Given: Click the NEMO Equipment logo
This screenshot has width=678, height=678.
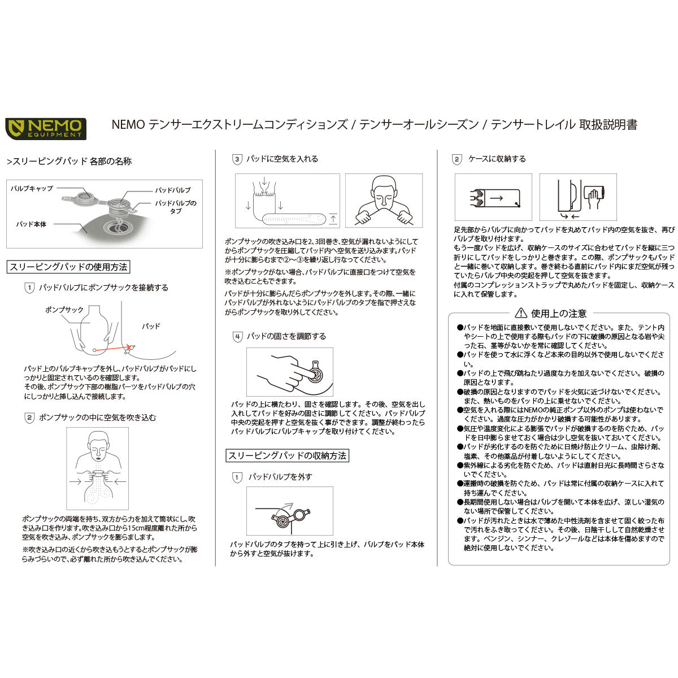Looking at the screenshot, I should pos(46,128).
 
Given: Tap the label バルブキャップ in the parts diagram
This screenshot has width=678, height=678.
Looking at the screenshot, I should pos(32,188).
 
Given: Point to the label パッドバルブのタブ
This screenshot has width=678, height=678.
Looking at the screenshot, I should pos(176,207).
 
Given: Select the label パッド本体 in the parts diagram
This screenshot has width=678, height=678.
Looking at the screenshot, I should pos(32,224).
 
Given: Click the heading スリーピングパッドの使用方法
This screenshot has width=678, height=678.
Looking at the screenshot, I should pos(68,267).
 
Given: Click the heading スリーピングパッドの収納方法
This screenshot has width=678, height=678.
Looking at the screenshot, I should pos(287,455).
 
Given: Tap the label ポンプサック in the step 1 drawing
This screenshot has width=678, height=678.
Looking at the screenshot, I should pos(64,310).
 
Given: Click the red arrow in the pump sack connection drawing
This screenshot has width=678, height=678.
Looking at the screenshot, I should pos(111,349).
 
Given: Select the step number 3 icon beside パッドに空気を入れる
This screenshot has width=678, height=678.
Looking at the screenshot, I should pos(237,159).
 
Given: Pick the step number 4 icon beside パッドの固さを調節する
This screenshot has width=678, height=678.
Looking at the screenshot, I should pos(237,336).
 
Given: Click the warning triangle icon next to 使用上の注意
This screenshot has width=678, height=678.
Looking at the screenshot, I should pos(520,313).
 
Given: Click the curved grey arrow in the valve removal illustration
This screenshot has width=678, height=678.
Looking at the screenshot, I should pos(288,506).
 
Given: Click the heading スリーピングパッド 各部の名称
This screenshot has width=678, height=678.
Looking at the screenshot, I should pos(69,162).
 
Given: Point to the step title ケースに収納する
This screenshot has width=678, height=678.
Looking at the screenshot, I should pos(497,159).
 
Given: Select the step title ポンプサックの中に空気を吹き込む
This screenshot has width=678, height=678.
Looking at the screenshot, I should pos(97,418).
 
